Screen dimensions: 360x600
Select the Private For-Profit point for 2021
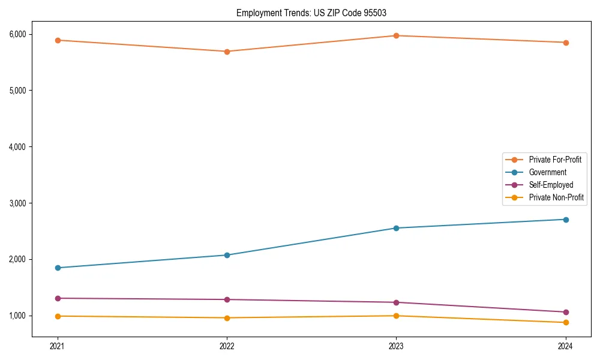click(x=58, y=40)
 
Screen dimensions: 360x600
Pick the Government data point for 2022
click(x=227, y=255)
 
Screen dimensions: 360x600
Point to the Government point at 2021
click(x=58, y=268)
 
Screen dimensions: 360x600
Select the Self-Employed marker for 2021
click(x=58, y=298)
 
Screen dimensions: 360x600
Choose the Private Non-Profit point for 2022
click(x=227, y=318)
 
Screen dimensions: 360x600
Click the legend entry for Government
click(x=547, y=172)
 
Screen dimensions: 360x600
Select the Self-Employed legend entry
click(x=551, y=185)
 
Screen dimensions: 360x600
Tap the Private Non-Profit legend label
click(x=556, y=197)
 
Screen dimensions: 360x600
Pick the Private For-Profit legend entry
click(x=555, y=160)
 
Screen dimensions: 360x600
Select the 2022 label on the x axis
click(x=227, y=346)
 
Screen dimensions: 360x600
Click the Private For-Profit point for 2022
click(x=227, y=52)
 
